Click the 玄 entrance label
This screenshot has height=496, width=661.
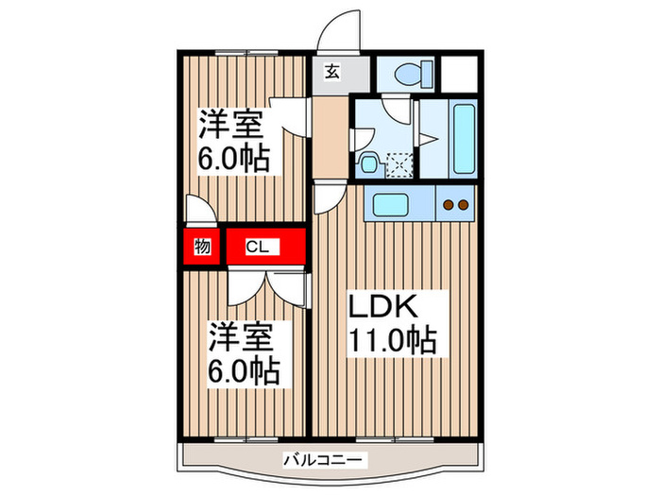coord(333,72)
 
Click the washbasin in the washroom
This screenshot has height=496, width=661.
coord(370,163)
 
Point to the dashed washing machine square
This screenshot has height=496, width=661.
coord(401,164)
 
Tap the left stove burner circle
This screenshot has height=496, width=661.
coord(449,203)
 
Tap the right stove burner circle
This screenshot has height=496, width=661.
coord(464,203)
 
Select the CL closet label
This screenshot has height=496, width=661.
coord(258,248)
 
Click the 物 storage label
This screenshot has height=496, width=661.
coord(201,248)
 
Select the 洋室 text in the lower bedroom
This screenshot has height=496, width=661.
coord(241,336)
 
